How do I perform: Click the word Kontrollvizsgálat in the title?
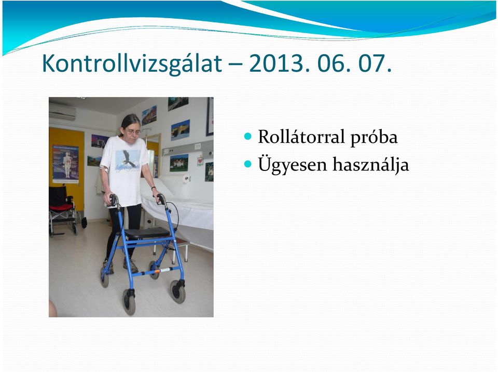click(x=132, y=64)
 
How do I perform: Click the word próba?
click(x=374, y=138)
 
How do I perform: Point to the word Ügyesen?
click(x=292, y=165)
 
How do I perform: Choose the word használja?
click(x=370, y=165)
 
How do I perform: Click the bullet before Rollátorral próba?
click(x=248, y=137)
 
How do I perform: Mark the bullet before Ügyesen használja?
click(x=248, y=164)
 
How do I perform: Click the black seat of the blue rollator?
click(x=147, y=233)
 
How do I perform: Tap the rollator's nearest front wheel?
click(x=129, y=302)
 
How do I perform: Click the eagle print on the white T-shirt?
click(x=128, y=161)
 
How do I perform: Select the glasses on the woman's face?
click(x=132, y=131)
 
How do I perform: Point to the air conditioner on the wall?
click(x=62, y=111)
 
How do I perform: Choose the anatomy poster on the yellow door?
click(x=65, y=164)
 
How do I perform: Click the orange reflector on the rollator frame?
click(x=157, y=271)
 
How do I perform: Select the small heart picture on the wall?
click(x=200, y=161)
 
